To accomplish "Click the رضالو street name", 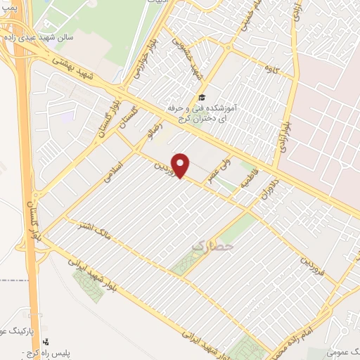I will pos(152,130).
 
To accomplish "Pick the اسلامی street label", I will pos(112,170).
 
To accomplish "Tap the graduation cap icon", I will pos(202,97).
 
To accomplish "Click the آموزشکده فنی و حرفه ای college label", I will pos(203,113).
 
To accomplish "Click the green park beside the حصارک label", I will pos(184,263).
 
